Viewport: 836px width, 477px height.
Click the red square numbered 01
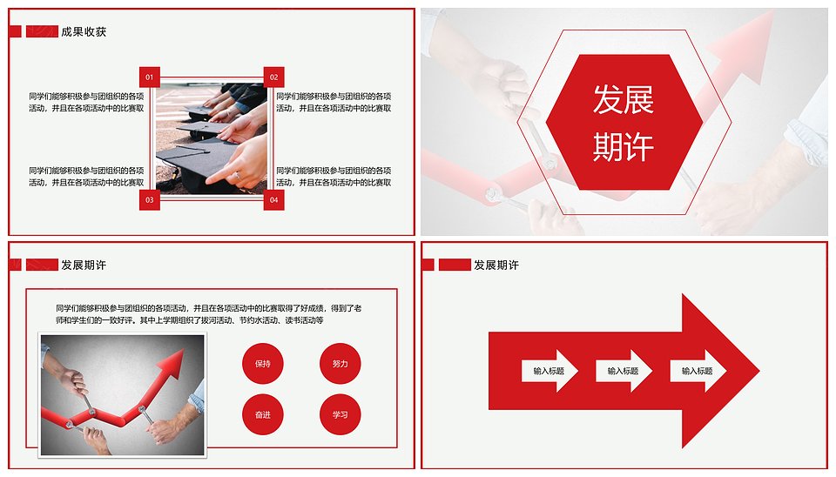[x=149, y=77]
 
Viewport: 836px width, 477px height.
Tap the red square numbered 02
[x=274, y=77]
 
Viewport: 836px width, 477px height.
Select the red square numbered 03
[x=149, y=200]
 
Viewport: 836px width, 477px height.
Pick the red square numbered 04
[x=274, y=200]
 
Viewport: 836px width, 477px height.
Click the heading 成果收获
[x=84, y=31]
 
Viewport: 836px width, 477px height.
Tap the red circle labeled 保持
[x=262, y=364]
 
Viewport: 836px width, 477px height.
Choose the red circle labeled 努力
[x=340, y=364]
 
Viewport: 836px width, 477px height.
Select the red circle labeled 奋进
[x=262, y=414]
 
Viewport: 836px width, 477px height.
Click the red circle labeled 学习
[x=340, y=414]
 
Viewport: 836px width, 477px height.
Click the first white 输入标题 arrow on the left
[x=549, y=371]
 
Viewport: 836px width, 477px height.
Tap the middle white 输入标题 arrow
[x=624, y=371]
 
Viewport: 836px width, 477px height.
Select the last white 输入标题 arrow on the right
[x=698, y=371]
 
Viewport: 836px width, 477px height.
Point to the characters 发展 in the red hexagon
[x=624, y=99]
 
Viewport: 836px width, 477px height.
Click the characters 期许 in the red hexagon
[x=624, y=146]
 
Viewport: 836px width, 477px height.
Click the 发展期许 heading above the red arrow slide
[x=496, y=265]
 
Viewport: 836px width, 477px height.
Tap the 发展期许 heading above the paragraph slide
[x=84, y=265]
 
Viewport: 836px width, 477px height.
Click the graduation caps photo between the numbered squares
[x=212, y=138]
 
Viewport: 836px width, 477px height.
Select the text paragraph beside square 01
[x=86, y=103]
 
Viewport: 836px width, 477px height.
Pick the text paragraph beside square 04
[x=334, y=177]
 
